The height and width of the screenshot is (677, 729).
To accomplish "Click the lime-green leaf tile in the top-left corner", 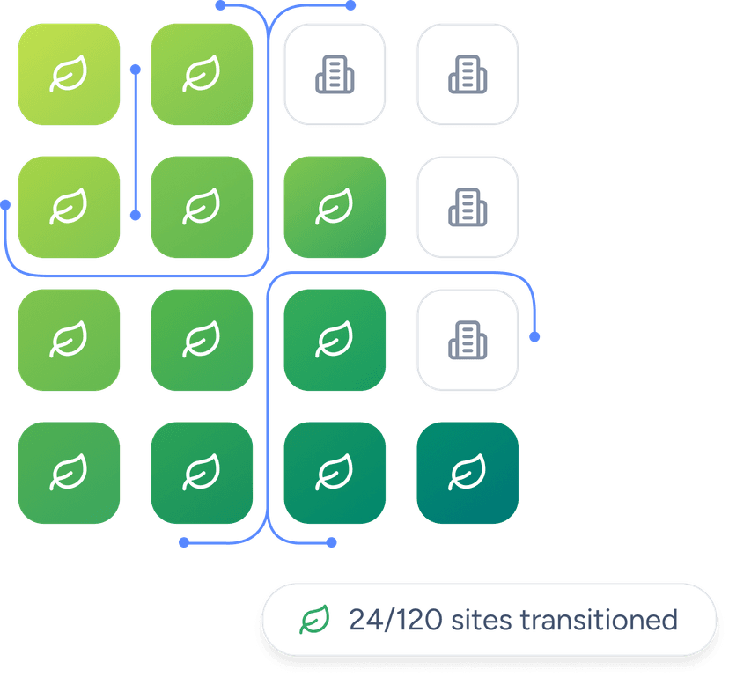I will pyautogui.click(x=69, y=74).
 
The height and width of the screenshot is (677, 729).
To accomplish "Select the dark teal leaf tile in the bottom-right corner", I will pyautogui.click(x=467, y=473).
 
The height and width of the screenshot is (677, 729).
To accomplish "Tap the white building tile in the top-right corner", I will pyautogui.click(x=467, y=74).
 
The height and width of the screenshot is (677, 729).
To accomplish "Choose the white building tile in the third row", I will pyautogui.click(x=467, y=340).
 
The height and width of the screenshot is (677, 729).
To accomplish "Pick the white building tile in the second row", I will pyautogui.click(x=467, y=207).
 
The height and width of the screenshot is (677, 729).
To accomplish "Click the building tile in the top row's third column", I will pyautogui.click(x=334, y=74).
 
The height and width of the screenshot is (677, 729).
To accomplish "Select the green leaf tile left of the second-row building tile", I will pyautogui.click(x=334, y=207).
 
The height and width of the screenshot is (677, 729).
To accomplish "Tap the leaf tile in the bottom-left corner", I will pyautogui.click(x=69, y=473).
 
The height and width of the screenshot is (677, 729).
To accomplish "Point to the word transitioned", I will pyautogui.click(x=599, y=620).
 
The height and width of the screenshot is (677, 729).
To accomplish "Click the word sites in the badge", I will pyautogui.click(x=482, y=620).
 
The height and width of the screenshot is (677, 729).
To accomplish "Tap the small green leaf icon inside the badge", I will pyautogui.click(x=314, y=620).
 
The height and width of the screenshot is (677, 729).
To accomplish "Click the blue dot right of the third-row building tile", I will pyautogui.click(x=534, y=336).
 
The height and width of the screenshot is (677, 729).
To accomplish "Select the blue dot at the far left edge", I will pyautogui.click(x=6, y=204).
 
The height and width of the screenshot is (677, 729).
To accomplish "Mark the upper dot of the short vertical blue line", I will pyautogui.click(x=135, y=68).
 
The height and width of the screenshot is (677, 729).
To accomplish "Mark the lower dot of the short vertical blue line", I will pyautogui.click(x=135, y=215).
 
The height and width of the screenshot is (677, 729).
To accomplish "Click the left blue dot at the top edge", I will pyautogui.click(x=220, y=5).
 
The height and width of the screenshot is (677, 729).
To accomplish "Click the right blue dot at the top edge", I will pyautogui.click(x=350, y=5).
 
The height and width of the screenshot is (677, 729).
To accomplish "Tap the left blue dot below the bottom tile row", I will pyautogui.click(x=183, y=542).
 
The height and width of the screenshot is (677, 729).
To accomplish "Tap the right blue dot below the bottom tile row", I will pyautogui.click(x=331, y=542).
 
